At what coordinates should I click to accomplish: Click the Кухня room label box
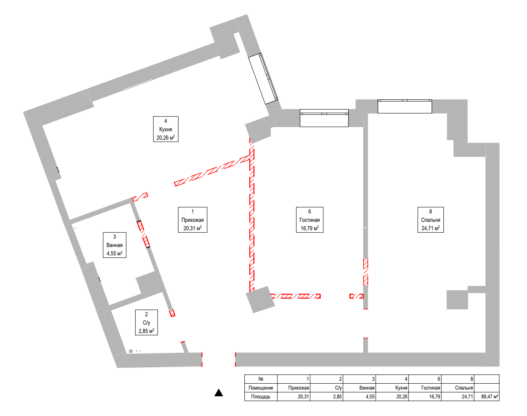pyautogui.click(x=166, y=129)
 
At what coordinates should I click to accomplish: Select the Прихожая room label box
pyautogui.click(x=192, y=220)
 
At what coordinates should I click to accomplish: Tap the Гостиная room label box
pyautogui.click(x=309, y=220)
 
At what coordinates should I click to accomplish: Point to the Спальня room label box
pyautogui.click(x=430, y=220)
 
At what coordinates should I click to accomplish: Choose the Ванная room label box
pyautogui.click(x=115, y=245)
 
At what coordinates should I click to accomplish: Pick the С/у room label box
pyautogui.click(x=147, y=322)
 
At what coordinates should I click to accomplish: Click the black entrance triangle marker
pyautogui.click(x=219, y=393)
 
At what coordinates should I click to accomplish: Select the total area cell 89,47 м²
pyautogui.click(x=487, y=397)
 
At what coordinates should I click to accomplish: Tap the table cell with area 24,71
pyautogui.click(x=458, y=397)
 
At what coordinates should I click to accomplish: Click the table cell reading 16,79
pyautogui.click(x=425, y=397)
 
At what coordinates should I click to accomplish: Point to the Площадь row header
pyautogui.click(x=261, y=397)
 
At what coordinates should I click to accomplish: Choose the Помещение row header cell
pyautogui.click(x=261, y=388)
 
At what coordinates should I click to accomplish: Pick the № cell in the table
pyautogui.click(x=261, y=379)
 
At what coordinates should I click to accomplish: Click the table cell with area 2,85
pyautogui.click(x=326, y=397)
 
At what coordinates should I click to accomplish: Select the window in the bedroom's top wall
pyautogui.click(x=404, y=107)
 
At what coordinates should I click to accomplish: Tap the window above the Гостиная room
pyautogui.click(x=324, y=118)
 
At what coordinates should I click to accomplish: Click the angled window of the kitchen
pyautogui.click(x=263, y=78)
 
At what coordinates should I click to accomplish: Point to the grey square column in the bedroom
pyautogui.click(x=457, y=300)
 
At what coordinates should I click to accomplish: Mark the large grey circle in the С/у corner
pyautogui.click(x=131, y=351)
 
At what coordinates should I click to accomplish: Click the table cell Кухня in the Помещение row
pyautogui.click(x=392, y=388)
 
